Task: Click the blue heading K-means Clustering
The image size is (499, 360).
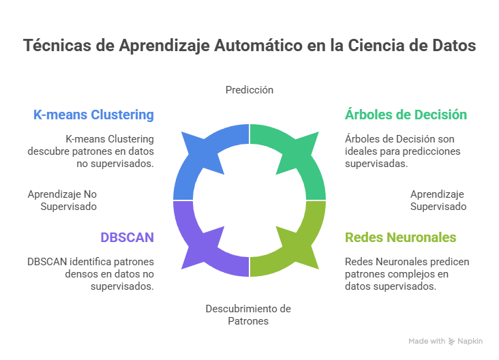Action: point(93,115)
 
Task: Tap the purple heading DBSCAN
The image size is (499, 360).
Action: point(127,237)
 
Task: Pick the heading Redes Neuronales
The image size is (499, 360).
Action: point(401,237)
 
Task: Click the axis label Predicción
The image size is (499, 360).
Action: point(249,89)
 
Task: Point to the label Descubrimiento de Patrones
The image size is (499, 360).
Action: point(248,314)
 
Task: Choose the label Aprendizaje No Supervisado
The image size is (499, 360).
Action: point(63,200)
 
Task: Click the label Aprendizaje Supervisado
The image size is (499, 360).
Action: point(438,200)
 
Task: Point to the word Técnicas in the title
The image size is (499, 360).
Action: point(53,46)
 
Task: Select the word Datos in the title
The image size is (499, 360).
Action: point(451,46)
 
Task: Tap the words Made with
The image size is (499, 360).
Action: point(427,341)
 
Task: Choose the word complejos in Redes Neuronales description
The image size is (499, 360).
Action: point(407,274)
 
